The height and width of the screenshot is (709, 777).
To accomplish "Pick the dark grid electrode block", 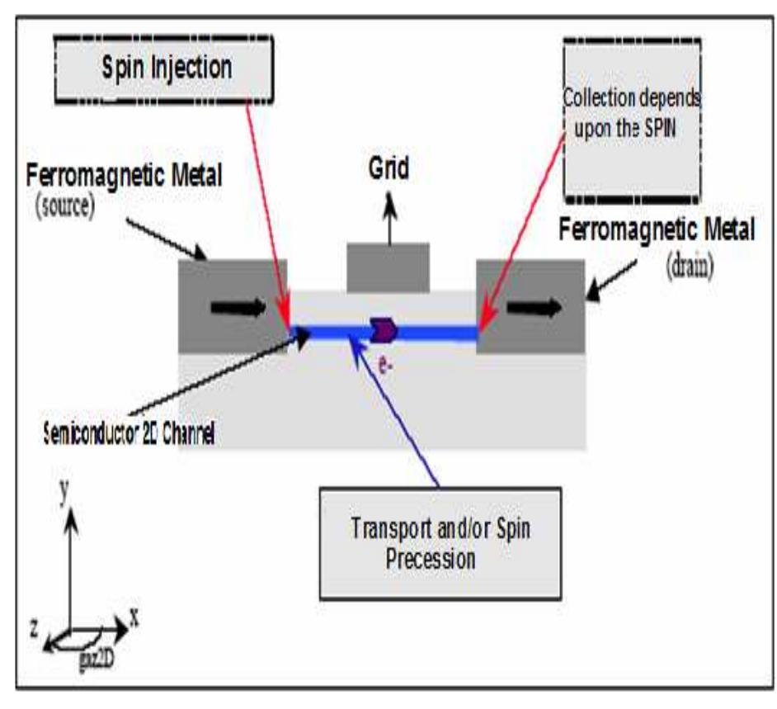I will pyautogui.click(x=388, y=267).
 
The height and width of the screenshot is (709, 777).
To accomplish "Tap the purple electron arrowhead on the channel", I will pyautogui.click(x=385, y=330).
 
